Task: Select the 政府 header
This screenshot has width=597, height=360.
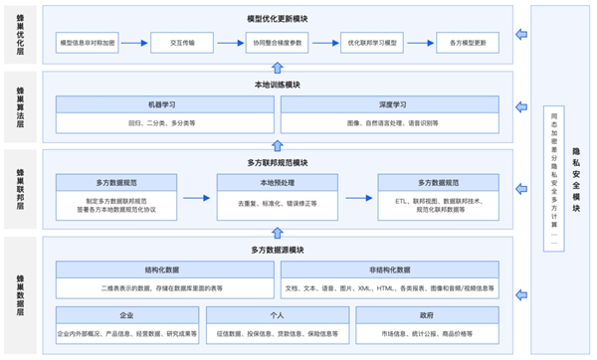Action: [429, 313]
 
